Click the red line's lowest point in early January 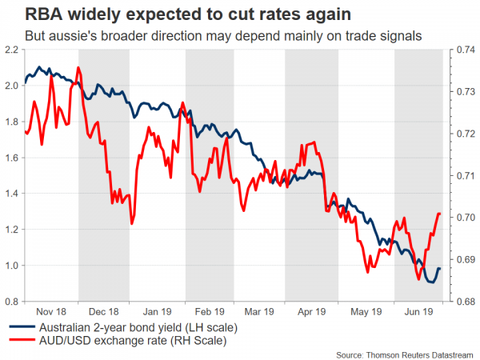coord(131,224)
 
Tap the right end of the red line coord(441,214)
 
